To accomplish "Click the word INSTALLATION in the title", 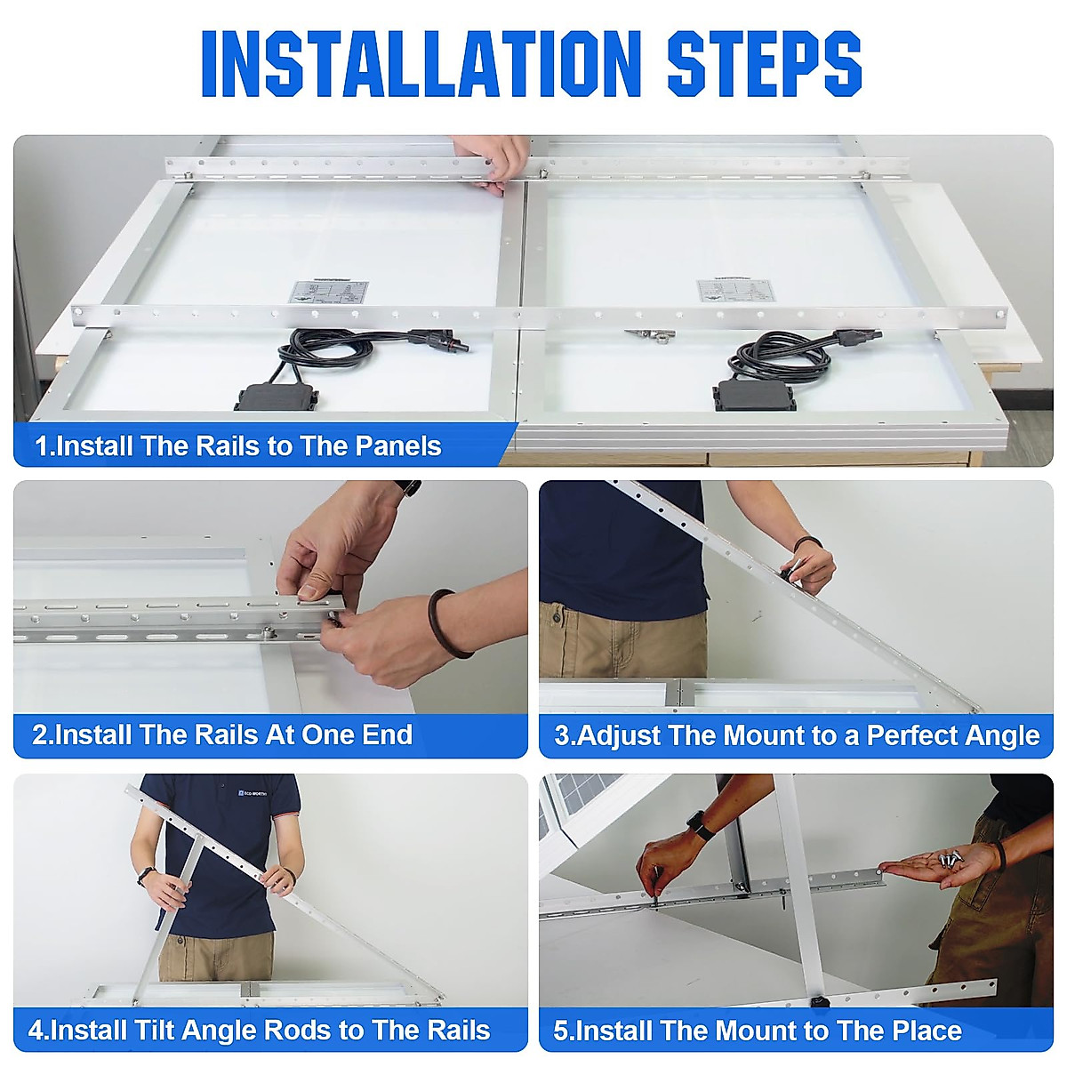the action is click(x=421, y=64).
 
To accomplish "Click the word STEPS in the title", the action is click(x=765, y=64).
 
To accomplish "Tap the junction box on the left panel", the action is click(x=277, y=397).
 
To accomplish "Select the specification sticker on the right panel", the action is click(x=734, y=291).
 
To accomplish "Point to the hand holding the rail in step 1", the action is click(x=492, y=162).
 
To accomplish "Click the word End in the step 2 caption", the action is click(x=387, y=734).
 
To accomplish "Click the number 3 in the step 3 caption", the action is click(x=562, y=735).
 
